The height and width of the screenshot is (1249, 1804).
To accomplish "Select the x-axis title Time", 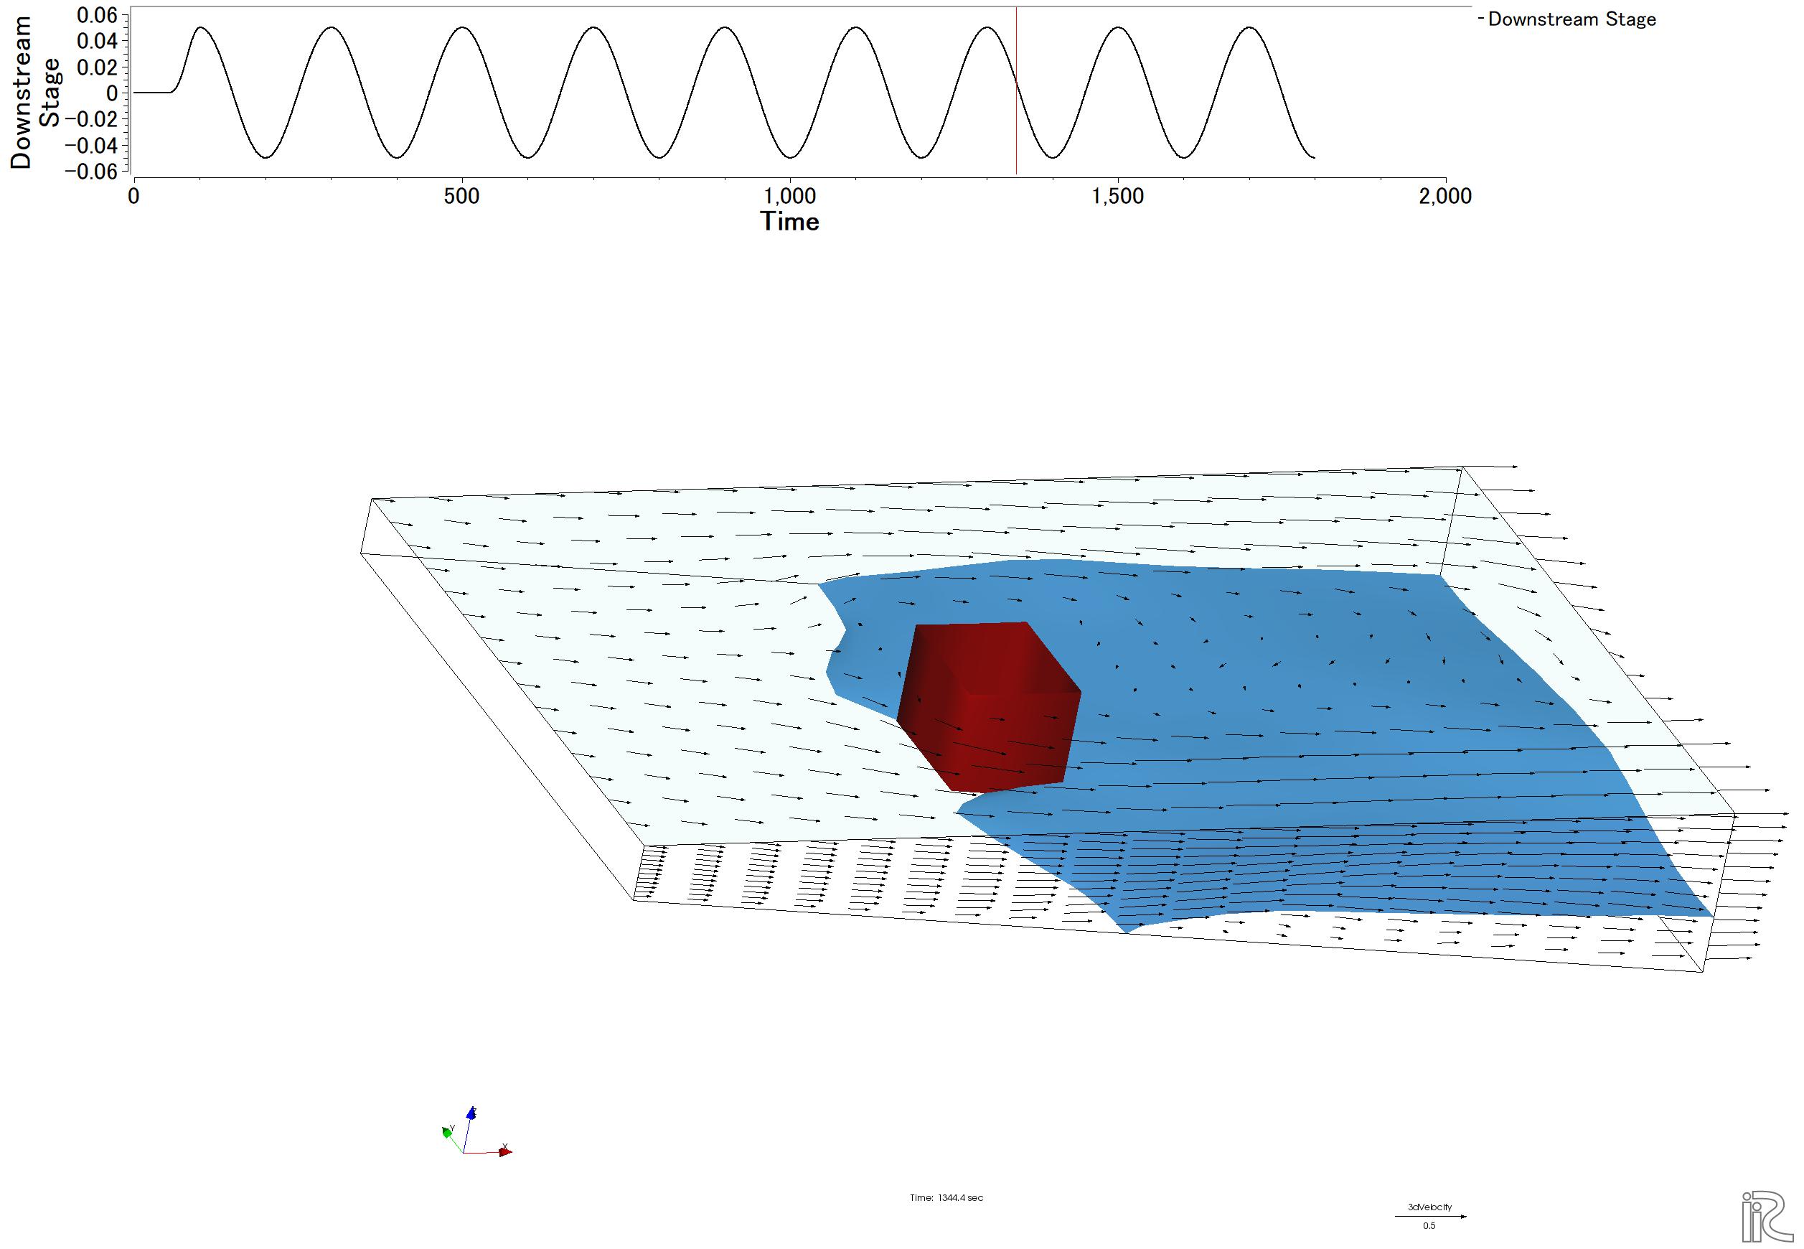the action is (x=790, y=222).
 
